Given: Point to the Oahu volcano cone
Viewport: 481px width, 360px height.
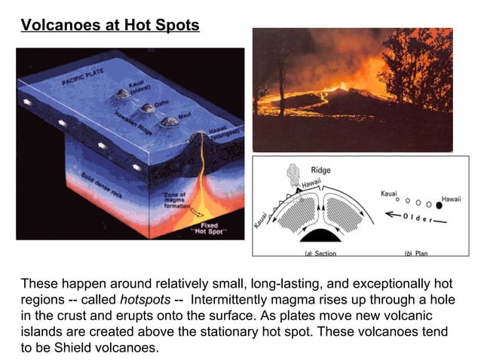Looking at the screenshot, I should [147, 108].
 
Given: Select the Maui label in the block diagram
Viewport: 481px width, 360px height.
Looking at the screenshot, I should [184, 118].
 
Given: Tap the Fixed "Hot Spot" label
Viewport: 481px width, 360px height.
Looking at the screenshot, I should [208, 228].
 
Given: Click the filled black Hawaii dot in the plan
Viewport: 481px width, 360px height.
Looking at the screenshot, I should [439, 204].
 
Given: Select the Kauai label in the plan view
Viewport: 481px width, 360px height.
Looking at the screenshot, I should [390, 194].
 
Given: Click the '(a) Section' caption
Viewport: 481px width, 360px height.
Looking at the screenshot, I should [320, 254].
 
